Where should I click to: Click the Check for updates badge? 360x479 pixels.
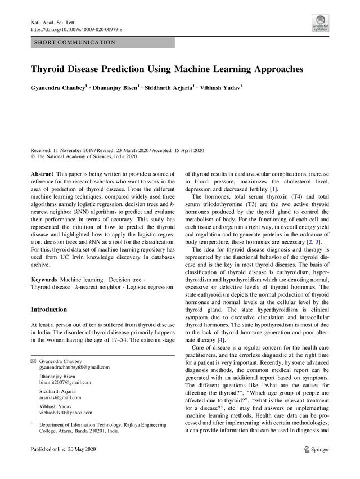[320, 23]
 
